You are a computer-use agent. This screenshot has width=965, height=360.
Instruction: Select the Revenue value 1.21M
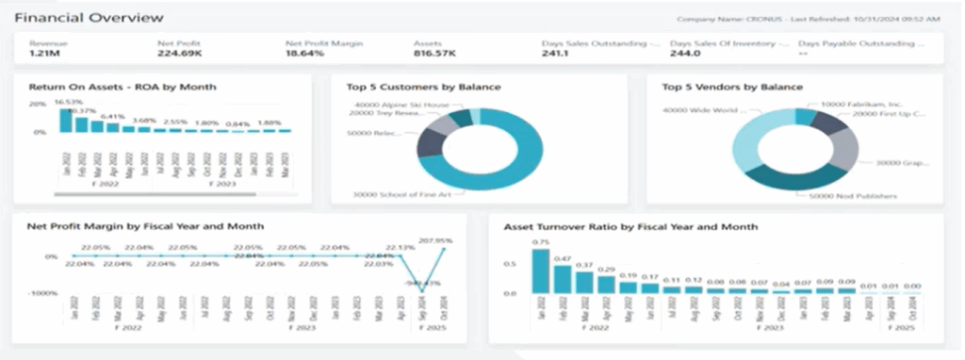coord(44,54)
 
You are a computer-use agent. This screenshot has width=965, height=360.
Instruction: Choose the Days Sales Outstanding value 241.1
coord(555,54)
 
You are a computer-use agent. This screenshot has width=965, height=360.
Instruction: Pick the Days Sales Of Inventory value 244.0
coord(685,54)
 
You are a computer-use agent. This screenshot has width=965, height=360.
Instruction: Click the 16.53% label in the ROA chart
coord(69,101)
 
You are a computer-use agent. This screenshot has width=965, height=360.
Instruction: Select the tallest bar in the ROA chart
coord(66,121)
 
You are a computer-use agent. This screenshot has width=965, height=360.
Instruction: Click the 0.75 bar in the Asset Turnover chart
coord(540,271)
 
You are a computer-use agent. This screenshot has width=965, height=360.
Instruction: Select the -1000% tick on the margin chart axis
coord(44,294)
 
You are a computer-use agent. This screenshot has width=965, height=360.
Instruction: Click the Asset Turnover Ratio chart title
coord(630,226)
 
